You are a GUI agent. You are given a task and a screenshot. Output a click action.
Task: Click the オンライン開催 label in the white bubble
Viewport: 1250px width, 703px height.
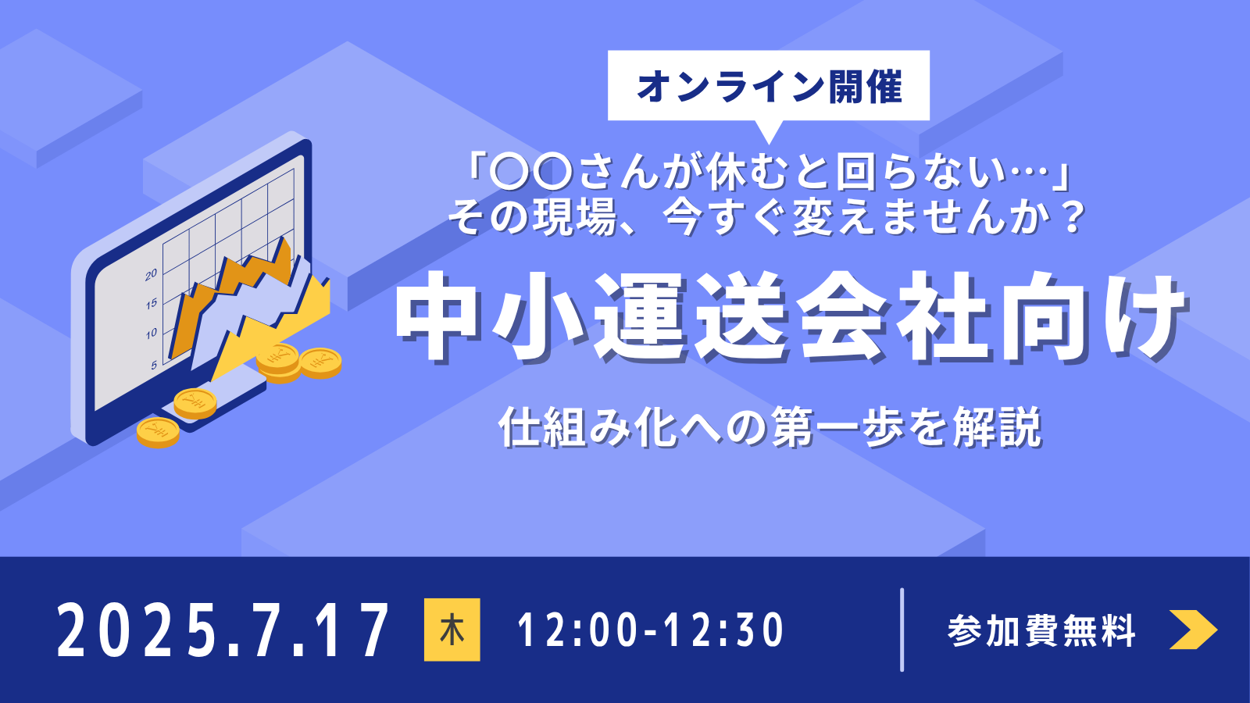(x=769, y=87)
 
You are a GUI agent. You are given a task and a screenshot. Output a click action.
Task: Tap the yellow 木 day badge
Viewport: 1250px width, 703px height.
(x=452, y=630)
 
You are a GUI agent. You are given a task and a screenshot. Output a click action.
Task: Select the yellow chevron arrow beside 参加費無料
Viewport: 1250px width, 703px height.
(x=1193, y=630)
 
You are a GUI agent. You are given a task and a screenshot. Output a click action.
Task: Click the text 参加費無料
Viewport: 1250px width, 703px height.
(x=1041, y=630)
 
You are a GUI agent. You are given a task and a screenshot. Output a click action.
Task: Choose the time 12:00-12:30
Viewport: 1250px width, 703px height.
(x=651, y=630)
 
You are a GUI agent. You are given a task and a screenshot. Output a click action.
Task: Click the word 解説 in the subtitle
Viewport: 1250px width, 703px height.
(x=997, y=427)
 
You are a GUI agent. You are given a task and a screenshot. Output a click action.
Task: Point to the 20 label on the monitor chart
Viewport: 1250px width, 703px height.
(x=152, y=274)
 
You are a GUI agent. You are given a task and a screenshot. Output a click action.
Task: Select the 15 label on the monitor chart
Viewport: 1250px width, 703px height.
(x=152, y=304)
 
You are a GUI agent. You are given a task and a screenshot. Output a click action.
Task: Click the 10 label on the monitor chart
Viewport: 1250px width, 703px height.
(x=152, y=334)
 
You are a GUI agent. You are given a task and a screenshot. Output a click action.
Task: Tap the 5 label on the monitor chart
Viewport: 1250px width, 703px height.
(x=154, y=366)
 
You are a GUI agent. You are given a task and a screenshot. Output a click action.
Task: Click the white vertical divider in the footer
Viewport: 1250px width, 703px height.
(x=902, y=630)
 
